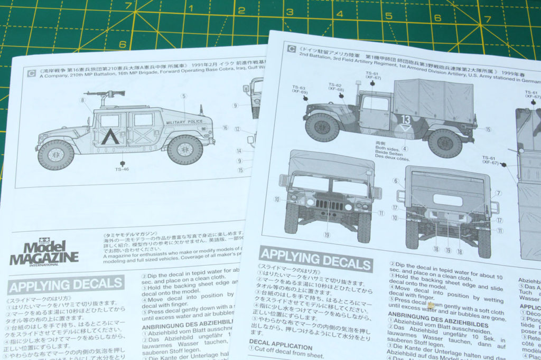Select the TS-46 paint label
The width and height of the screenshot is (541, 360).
pos(122,169)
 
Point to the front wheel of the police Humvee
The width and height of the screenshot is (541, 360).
pos(55,154)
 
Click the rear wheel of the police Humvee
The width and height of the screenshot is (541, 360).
pos(184,149)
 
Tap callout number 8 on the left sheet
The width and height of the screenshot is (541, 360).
pos(82,100)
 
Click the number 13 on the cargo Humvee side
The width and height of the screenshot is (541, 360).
pos(405,119)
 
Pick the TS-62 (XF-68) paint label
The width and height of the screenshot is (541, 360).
pos(336,87)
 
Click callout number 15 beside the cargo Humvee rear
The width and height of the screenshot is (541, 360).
pos(487,129)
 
